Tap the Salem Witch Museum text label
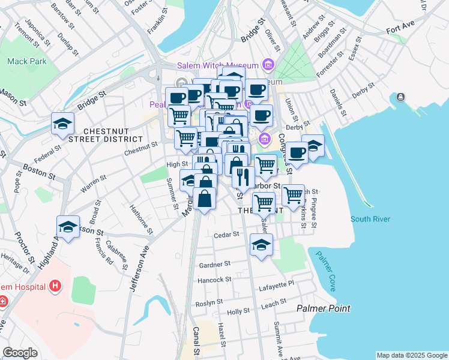click(217, 65)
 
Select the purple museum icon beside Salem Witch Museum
click(268, 65)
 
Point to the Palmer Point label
click(324, 308)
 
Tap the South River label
click(369, 219)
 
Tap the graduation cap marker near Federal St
click(62, 124)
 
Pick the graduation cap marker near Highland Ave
click(68, 227)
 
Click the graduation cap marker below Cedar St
click(261, 245)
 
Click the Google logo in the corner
click(20, 353)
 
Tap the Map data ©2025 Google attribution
click(412, 355)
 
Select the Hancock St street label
click(214, 280)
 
